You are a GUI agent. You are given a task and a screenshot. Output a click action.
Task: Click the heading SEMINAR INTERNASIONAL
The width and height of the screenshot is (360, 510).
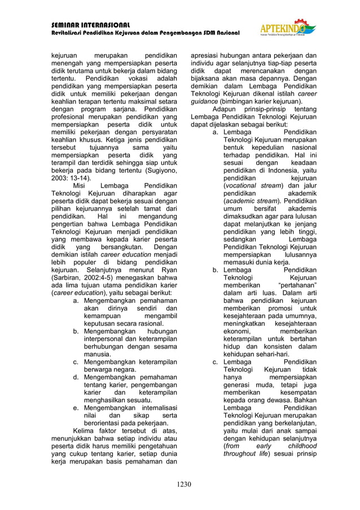coord(91,25)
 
